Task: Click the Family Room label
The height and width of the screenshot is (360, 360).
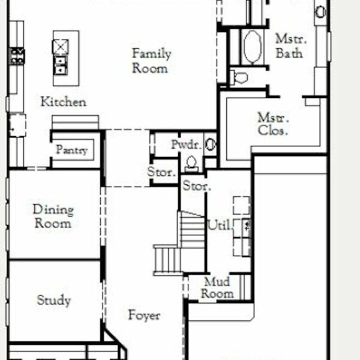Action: tap(151, 61)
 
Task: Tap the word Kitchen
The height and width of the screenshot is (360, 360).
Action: tap(64, 102)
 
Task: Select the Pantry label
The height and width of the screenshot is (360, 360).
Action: tap(72, 150)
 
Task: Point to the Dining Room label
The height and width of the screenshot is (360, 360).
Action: tap(53, 216)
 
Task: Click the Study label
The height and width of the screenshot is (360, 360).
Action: tap(54, 300)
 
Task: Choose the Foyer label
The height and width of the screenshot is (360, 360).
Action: tap(144, 315)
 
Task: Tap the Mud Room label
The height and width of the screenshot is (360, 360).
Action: tap(217, 288)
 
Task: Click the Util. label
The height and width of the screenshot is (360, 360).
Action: tap(219, 225)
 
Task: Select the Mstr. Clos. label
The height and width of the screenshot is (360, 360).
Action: tap(273, 124)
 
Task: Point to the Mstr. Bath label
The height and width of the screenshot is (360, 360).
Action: tap(290, 46)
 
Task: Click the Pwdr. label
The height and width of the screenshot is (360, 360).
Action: tap(187, 145)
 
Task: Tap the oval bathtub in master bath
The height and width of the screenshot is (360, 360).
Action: tap(253, 47)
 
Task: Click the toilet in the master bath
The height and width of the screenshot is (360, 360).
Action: tap(239, 77)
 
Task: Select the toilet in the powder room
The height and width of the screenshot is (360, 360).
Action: tap(191, 164)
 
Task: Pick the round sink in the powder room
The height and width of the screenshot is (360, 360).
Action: tap(211, 145)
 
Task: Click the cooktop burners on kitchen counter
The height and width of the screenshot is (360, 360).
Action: tap(17, 56)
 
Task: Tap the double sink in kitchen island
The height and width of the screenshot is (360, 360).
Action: tap(61, 65)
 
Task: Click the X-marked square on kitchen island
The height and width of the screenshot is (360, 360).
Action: tap(61, 47)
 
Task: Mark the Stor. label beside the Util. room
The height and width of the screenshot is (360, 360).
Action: tap(197, 186)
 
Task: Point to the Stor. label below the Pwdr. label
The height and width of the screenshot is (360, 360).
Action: tap(161, 172)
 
